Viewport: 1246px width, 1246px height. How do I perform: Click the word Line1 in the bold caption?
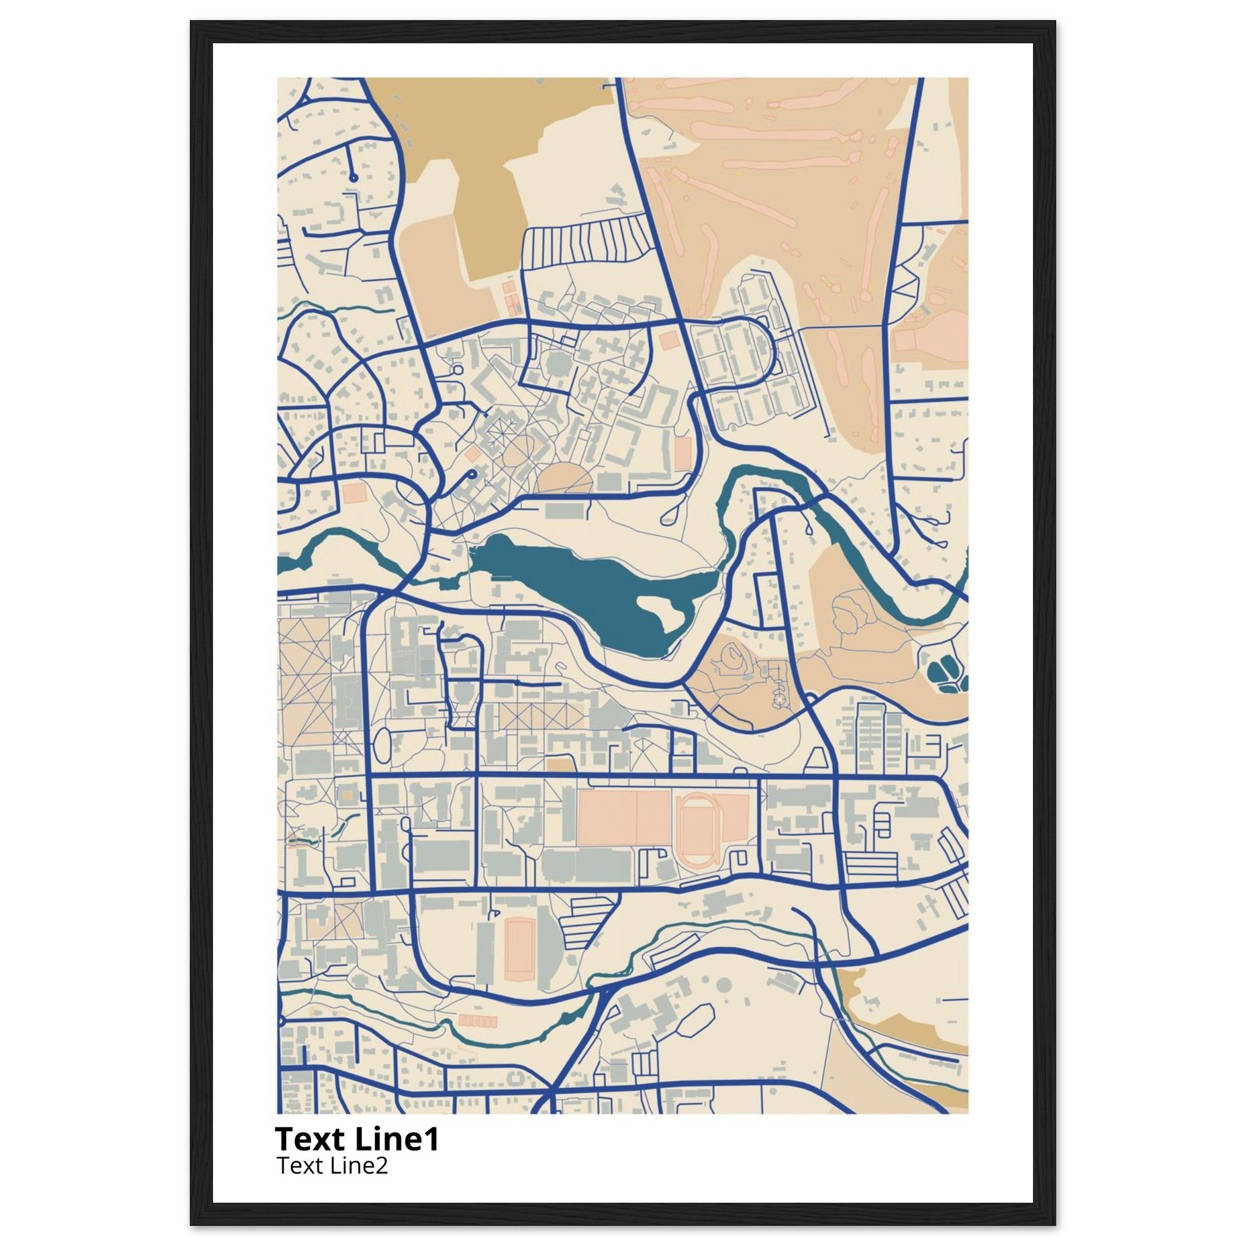[396, 1140]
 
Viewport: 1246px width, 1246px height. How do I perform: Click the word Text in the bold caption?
[311, 1140]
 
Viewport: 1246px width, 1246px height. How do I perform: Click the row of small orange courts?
[478, 1040]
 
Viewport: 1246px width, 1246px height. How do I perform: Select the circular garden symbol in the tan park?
[782, 700]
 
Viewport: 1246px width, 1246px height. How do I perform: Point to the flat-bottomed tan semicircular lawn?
[565, 480]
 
